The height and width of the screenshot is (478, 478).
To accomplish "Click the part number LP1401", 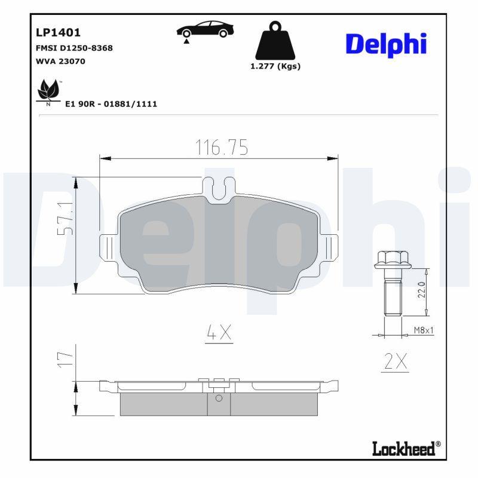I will (59, 33).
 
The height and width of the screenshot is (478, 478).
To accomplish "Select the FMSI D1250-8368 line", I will (75, 48).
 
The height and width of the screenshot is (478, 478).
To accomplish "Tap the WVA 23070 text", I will (61, 61).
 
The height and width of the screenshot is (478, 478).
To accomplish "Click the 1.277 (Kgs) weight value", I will (275, 66).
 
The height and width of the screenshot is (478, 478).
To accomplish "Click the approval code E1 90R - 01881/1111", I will (111, 103).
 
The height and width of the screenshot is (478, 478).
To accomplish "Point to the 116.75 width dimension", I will (221, 147).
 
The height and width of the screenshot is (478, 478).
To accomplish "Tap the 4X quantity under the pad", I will (218, 333).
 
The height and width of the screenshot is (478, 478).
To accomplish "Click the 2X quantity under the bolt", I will (394, 360).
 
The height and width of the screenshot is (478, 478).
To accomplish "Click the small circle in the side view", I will (219, 399).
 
